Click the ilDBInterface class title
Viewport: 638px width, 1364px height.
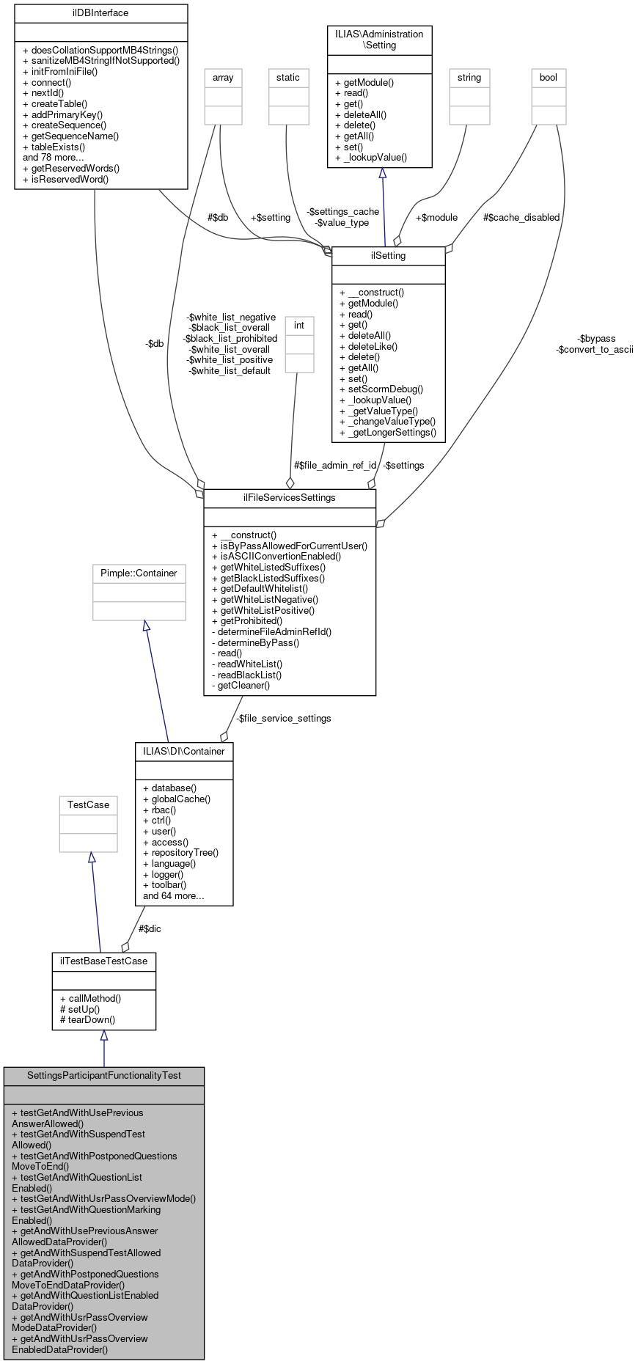100,13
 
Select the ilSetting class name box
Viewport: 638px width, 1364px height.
389,256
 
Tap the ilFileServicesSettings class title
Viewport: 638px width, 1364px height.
289,498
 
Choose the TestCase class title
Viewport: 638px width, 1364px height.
88,805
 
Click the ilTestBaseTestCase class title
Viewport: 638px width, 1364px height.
103,961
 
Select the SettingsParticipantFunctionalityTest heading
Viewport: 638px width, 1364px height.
103,1076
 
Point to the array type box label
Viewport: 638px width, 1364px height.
223,78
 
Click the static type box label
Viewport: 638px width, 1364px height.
288,78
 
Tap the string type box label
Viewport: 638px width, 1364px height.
469,78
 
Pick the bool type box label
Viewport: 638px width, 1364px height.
549,78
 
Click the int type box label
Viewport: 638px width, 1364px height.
299,326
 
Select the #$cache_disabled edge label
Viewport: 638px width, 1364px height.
521,218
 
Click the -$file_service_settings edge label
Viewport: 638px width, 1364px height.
283,719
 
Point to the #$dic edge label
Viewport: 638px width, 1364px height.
150,929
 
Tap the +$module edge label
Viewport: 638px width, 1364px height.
436,218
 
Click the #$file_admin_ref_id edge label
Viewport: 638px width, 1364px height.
335,466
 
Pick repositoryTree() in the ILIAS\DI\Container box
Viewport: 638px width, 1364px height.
180,853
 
